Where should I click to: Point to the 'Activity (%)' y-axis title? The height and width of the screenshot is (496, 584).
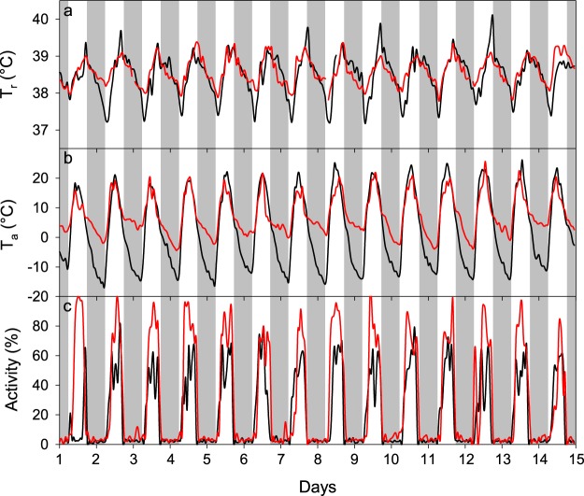click(12, 371)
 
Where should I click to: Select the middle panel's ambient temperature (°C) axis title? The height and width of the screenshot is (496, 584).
click(12, 222)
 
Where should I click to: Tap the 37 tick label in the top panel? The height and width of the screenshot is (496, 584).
click(40, 130)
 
